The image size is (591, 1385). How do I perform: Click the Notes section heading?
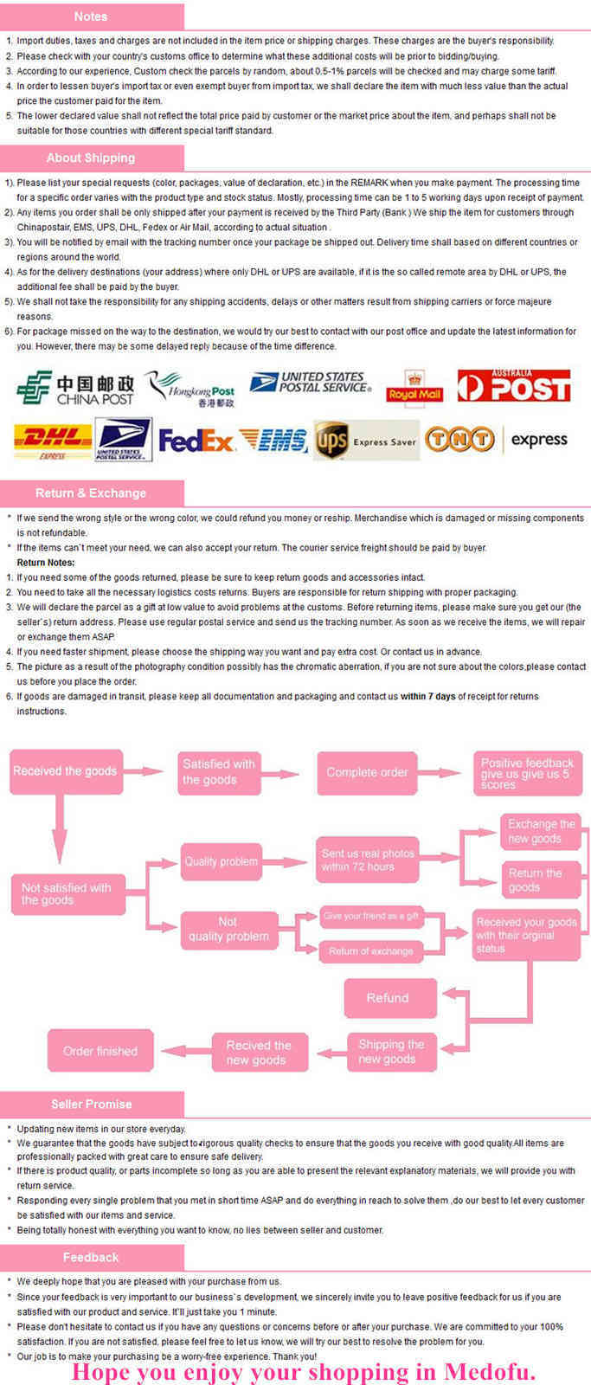click(x=91, y=16)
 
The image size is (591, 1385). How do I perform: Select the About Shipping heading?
click(x=91, y=158)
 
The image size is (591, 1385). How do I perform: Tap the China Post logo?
click(x=75, y=389)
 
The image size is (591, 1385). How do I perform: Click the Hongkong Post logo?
click(x=190, y=389)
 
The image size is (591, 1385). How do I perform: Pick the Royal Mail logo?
click(x=414, y=387)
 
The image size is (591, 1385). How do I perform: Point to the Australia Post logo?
click(x=514, y=386)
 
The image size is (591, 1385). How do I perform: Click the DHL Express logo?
click(x=53, y=441)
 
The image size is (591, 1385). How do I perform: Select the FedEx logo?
click(x=196, y=441)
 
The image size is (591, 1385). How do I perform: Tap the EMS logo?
click(x=273, y=441)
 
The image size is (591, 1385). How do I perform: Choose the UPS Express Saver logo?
click(x=367, y=441)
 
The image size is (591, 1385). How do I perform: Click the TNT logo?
click(x=459, y=439)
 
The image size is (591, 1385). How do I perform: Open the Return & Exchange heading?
click(x=91, y=493)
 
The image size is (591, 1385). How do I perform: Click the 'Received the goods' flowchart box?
click(x=66, y=771)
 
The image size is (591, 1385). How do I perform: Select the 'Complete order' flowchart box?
click(x=367, y=772)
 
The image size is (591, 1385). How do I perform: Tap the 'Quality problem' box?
click(x=221, y=861)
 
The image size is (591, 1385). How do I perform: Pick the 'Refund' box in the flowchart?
click(x=390, y=997)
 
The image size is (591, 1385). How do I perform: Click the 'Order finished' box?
click(x=100, y=1051)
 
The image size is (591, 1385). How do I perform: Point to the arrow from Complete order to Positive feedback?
click(x=440, y=772)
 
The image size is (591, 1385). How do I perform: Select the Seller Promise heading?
click(x=92, y=1104)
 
